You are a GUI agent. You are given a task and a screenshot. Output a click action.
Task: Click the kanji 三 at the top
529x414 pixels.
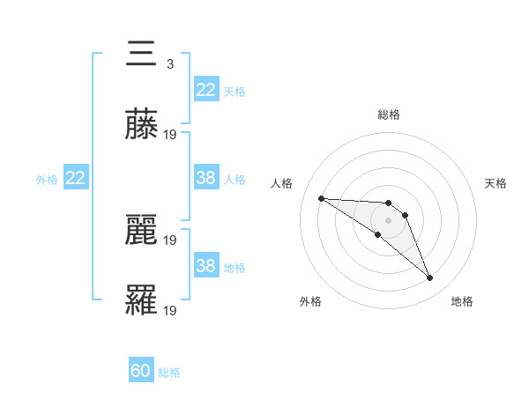pos(142,55)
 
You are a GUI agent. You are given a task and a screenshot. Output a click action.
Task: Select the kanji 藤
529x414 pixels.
pos(142,126)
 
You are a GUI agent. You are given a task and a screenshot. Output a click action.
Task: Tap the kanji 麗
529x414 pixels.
pos(142,231)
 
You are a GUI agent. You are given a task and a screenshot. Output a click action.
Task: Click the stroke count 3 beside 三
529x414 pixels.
pos(169,63)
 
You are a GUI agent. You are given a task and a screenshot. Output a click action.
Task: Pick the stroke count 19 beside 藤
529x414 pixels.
pos(171,135)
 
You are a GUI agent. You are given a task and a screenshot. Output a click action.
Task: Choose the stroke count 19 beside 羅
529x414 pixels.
pos(171,311)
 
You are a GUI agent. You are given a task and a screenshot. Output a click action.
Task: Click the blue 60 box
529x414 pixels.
pos(141,372)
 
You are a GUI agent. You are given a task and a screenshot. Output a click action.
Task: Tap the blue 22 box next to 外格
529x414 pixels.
pos(76,179)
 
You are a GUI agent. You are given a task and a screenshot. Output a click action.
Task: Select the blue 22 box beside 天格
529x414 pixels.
pos(205,90)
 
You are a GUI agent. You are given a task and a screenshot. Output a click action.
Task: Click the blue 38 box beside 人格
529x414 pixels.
pos(205,179)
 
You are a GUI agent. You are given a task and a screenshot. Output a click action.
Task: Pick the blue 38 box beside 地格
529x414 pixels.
pos(205,266)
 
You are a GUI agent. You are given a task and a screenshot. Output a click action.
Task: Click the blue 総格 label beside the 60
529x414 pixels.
pos(170,373)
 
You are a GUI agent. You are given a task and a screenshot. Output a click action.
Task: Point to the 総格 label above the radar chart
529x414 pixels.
pos(389,115)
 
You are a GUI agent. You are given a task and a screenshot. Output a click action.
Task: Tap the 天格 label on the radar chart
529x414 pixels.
pos(495,183)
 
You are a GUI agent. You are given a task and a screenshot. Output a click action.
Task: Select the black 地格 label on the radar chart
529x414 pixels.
pos(462,301)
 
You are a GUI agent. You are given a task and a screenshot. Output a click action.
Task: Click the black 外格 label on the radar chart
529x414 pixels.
pos(310,301)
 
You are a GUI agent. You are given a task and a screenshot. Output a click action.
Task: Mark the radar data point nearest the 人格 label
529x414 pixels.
pos(321,198)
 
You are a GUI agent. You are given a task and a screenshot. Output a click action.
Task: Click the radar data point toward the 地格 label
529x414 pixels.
pos(430,278)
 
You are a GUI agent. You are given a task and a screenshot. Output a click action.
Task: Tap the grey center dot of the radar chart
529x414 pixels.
pos(388,220)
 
